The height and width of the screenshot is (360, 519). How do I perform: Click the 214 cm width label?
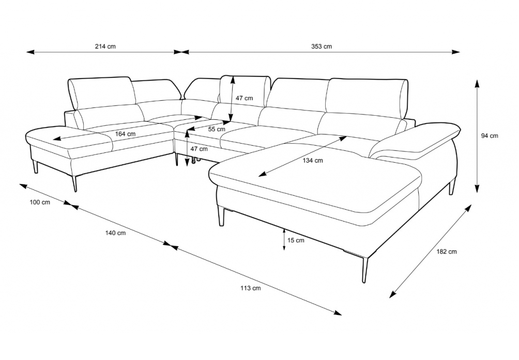(x=105, y=46)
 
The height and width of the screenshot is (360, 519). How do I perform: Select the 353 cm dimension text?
(x=321, y=46)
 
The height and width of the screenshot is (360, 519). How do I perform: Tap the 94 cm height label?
(x=489, y=135)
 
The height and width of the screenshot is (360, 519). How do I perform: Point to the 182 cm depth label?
(x=446, y=252)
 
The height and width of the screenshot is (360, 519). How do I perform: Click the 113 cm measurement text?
(x=250, y=288)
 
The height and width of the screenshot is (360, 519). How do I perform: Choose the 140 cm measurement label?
(x=115, y=233)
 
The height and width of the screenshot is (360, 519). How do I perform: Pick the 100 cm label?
(x=40, y=202)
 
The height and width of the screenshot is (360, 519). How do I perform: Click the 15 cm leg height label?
(x=296, y=240)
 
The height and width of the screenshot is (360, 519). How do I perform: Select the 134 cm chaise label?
(x=312, y=160)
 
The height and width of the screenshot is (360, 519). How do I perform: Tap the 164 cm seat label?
(x=125, y=134)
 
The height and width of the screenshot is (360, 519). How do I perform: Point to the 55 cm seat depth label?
(x=217, y=129)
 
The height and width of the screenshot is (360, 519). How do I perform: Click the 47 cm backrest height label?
(x=244, y=98)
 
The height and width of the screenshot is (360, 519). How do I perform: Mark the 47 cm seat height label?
(x=199, y=149)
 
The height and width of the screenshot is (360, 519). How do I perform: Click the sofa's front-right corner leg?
(x=364, y=270)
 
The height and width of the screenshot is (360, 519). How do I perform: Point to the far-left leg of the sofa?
(x=35, y=167)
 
